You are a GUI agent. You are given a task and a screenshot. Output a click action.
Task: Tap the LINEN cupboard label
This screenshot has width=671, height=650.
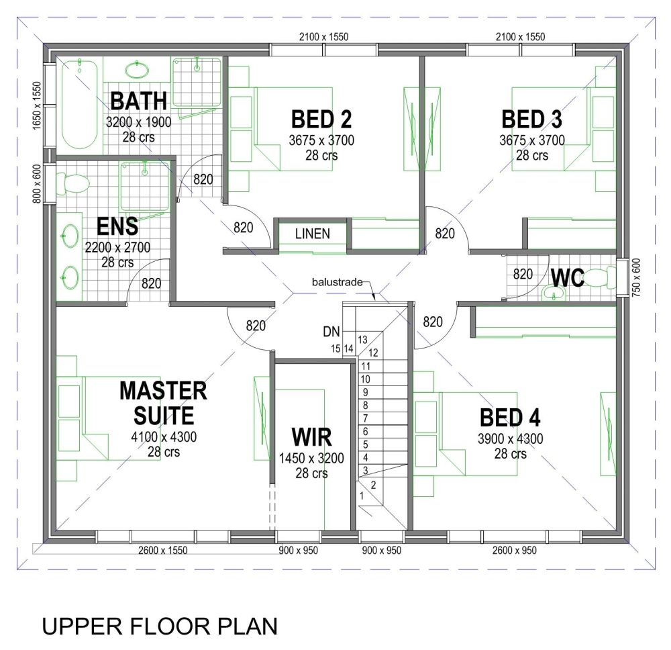click(313, 234)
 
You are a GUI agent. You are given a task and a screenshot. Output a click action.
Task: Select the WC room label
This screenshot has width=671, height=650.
click(568, 277)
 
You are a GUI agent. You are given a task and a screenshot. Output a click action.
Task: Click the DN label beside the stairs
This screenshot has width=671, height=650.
click(331, 331)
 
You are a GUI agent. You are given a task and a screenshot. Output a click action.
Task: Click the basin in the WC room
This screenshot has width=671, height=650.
click(553, 293)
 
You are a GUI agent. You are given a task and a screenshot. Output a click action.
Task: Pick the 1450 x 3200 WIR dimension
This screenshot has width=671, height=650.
click(311, 459)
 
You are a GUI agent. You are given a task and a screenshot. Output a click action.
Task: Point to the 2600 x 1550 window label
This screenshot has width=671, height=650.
click(162, 551)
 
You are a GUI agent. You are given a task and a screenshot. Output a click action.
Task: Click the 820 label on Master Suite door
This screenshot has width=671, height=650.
click(256, 326)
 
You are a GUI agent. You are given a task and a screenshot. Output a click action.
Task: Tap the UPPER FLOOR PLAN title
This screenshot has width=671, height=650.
click(160, 626)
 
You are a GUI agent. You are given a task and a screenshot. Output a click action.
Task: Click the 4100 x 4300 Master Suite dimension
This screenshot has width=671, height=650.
click(164, 438)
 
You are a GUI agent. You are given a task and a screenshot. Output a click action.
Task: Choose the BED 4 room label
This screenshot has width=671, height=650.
click(510, 418)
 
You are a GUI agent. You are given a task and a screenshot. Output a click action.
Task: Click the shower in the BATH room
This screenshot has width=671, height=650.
click(197, 82)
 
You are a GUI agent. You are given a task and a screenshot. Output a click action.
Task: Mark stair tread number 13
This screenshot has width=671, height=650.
click(363, 340)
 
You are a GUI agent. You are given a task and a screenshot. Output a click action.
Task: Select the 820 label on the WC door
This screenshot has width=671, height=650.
click(523, 274)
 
